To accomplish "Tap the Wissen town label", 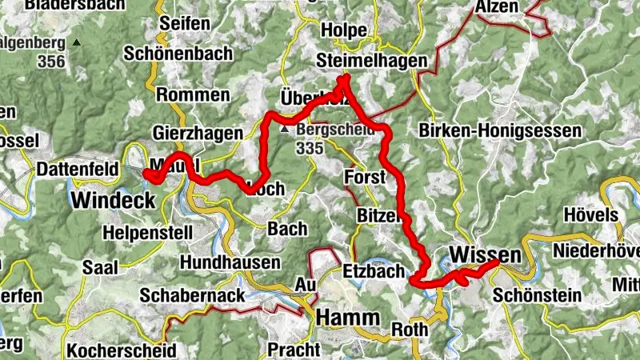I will pyautogui.click(x=486, y=254).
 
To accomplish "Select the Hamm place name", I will pyautogui.click(x=347, y=318).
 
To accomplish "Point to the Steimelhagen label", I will pyautogui.click(x=372, y=61).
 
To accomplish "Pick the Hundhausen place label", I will pyautogui.click(x=230, y=262).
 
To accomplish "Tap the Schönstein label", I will pyautogui.click(x=537, y=295).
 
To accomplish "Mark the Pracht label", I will pyautogui.click(x=294, y=350).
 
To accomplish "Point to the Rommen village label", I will pyautogui.click(x=193, y=94).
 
